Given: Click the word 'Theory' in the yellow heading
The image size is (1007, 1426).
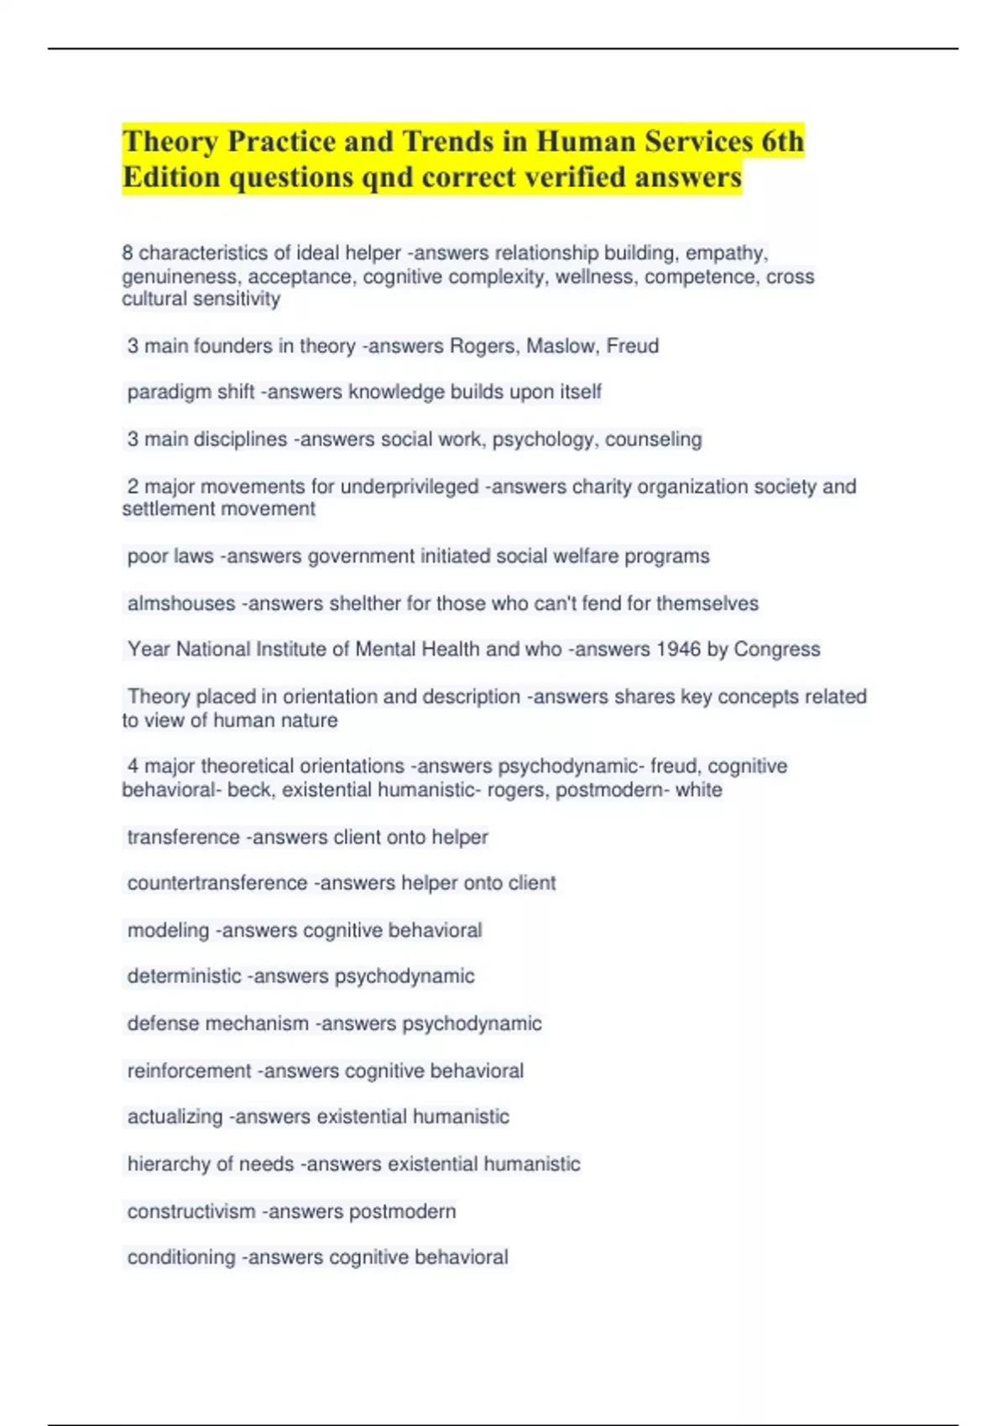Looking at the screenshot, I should [171, 142].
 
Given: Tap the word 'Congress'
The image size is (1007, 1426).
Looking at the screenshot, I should [777, 649].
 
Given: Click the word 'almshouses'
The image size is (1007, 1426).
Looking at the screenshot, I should [181, 603].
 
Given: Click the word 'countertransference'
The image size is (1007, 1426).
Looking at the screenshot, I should [217, 883].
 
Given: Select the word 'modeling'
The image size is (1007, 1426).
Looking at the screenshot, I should [169, 930].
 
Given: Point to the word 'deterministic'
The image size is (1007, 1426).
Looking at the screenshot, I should [185, 976].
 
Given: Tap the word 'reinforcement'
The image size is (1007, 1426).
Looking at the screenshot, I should [190, 1071].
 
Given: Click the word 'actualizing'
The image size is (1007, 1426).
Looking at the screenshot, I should [175, 1117].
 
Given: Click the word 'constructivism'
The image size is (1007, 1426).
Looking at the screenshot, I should [191, 1211].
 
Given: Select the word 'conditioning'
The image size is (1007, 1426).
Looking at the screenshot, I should [181, 1257].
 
